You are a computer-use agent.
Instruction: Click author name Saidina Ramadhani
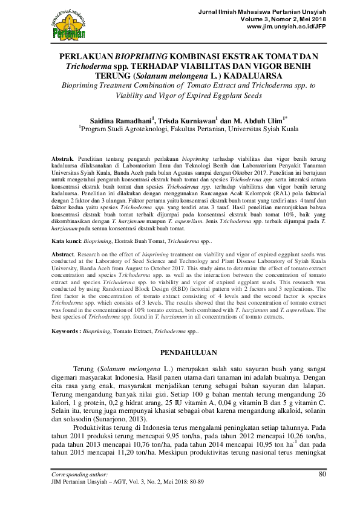[120, 120]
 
